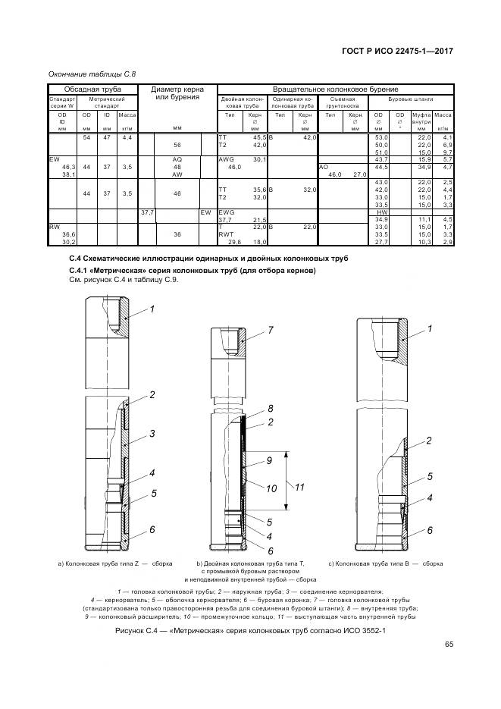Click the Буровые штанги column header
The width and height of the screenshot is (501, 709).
click(x=410, y=99)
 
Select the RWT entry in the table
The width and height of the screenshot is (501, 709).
click(x=227, y=234)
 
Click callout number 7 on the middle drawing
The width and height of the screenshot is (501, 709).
click(x=269, y=331)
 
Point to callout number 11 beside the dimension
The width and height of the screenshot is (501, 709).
click(x=299, y=487)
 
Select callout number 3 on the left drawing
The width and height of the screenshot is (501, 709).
click(x=152, y=434)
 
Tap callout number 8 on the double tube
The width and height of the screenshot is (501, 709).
click(x=270, y=409)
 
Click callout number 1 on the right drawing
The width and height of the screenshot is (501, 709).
click(x=431, y=328)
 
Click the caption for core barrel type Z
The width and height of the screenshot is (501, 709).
click(x=115, y=564)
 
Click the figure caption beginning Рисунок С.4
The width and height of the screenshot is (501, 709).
click(x=250, y=631)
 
